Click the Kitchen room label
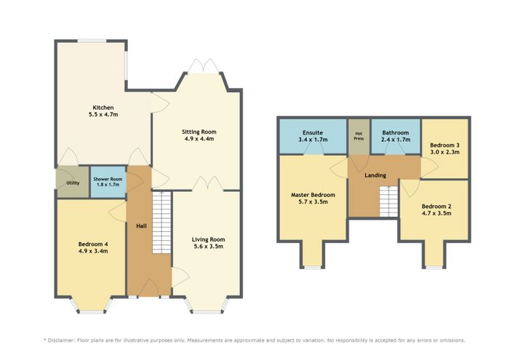(x=103, y=108)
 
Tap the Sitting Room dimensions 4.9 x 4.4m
(x=199, y=139)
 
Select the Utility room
(x=73, y=182)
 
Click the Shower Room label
(x=108, y=179)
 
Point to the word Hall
(x=141, y=226)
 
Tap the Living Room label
(x=209, y=239)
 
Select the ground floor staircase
(x=161, y=223)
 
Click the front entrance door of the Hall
(x=148, y=287)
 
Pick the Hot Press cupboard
(x=358, y=136)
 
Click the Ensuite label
(x=313, y=132)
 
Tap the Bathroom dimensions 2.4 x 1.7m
(x=396, y=140)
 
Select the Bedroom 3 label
(x=445, y=145)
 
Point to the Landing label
(x=375, y=175)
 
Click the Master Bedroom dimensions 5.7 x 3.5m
(x=313, y=202)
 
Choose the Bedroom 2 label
(x=436, y=207)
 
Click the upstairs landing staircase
(x=388, y=201)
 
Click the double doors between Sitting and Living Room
(x=208, y=184)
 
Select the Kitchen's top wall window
(x=92, y=41)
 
